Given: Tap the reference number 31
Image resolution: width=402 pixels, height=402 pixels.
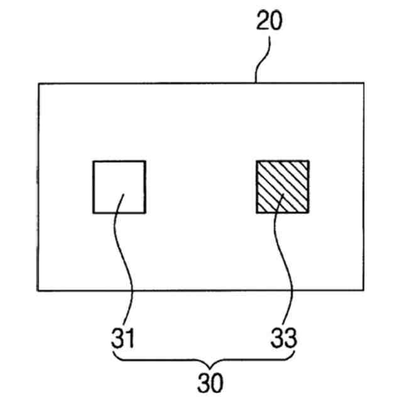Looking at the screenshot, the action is tap(124, 339).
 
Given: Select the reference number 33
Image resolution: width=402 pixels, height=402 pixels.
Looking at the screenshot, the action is tap(284, 339).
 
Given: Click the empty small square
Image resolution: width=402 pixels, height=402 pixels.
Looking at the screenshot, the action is tap(119, 187).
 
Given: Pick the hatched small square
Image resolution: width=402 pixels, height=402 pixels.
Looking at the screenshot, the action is tap(282, 187).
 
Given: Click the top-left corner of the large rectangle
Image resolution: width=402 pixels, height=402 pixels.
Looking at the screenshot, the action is tap(38, 84).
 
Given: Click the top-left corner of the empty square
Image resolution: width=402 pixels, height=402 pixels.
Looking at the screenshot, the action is tap(94, 161).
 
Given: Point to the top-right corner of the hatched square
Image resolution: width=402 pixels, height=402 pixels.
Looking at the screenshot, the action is tap(308, 161).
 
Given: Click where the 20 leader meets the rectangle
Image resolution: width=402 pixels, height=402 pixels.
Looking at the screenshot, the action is tap(256, 83).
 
